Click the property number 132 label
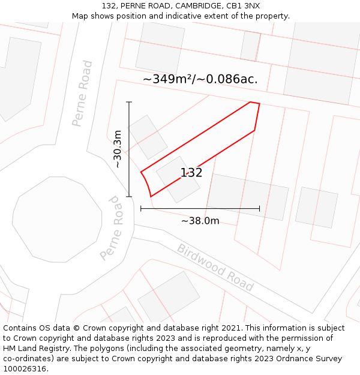[191, 173]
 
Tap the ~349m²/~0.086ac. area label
[200, 79]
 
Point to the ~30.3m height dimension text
[118, 149]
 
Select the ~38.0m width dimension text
[200, 221]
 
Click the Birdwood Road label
[215, 267]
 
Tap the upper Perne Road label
[82, 93]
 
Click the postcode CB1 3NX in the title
[243, 6]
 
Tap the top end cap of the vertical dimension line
[129, 103]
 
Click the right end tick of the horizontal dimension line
[259, 209]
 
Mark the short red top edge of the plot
[254, 103]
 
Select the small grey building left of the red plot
[148, 137]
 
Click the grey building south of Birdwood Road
[169, 298]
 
